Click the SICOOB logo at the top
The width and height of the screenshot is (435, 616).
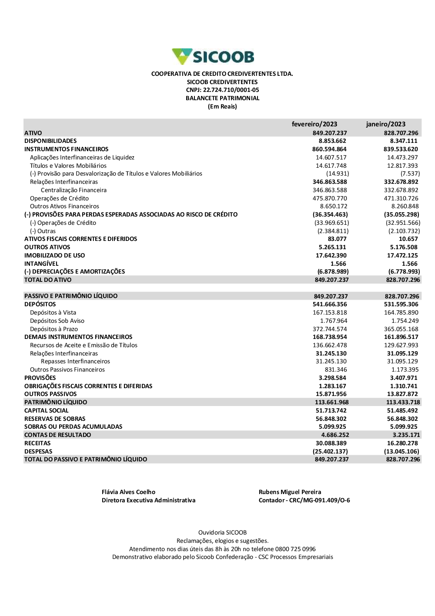tap(213, 57)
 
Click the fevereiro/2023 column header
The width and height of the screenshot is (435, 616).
tap(314, 124)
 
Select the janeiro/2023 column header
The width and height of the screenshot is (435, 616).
tap(385, 124)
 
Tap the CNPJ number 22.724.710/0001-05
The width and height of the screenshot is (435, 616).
tap(231, 90)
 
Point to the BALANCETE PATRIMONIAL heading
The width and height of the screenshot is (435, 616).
tap(222, 98)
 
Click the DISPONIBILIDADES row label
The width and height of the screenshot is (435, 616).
tap(50, 141)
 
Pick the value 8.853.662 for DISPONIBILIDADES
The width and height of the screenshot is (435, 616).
tap(332, 141)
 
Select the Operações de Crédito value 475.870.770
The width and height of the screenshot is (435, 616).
tap(331, 199)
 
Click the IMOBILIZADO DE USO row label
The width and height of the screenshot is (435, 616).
tap(54, 256)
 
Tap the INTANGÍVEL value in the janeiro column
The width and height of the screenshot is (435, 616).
tap(409, 264)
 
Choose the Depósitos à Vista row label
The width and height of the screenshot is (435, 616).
tap(53, 313)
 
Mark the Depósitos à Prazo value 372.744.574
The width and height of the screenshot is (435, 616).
tap(330, 329)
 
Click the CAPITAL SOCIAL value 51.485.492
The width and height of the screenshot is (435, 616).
tap(402, 411)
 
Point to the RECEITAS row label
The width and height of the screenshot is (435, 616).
tap(37, 443)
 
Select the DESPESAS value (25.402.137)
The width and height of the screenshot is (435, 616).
tap(330, 452)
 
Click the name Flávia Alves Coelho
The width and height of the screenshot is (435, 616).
tap(128, 492)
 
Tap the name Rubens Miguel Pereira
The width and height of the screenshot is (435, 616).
tap(290, 492)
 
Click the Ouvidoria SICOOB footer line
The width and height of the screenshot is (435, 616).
tap(222, 533)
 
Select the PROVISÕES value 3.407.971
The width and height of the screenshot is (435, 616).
tap(404, 378)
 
